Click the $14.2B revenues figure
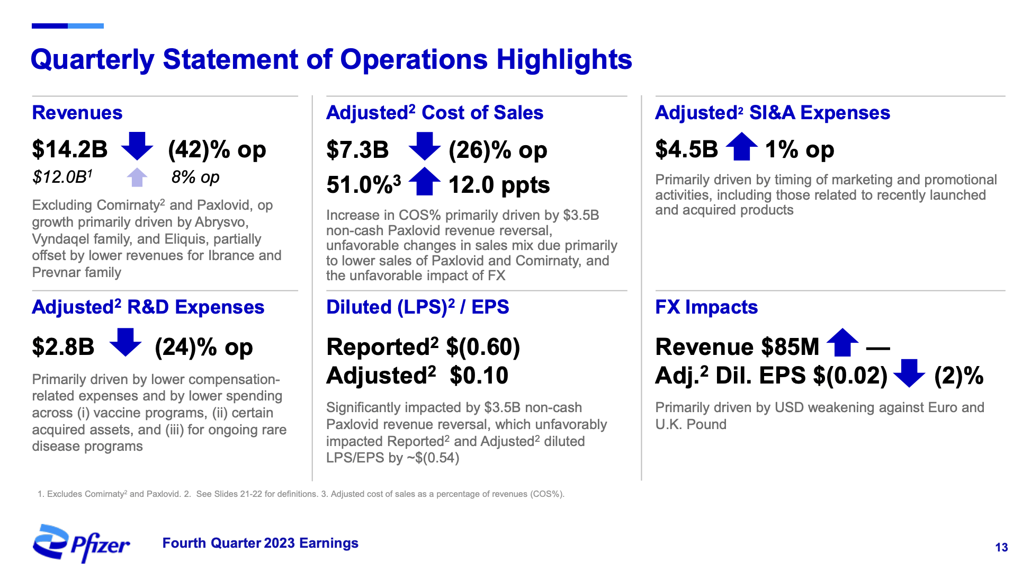pos(69,149)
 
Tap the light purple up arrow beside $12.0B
pos(137,177)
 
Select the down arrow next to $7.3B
pos(424,147)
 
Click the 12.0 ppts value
pos(499,185)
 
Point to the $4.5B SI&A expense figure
pos(686,149)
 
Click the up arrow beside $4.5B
pos(741,147)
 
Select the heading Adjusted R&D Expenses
pos(148,307)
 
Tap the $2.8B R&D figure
pos(63,347)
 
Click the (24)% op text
pos(204,348)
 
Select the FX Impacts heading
pos(706,307)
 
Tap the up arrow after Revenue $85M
pos(842,343)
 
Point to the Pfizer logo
pos(81,543)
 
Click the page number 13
pos(1001,547)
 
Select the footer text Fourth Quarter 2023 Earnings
pos(260,543)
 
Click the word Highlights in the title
pos(564,59)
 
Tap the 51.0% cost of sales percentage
pos(360,185)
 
